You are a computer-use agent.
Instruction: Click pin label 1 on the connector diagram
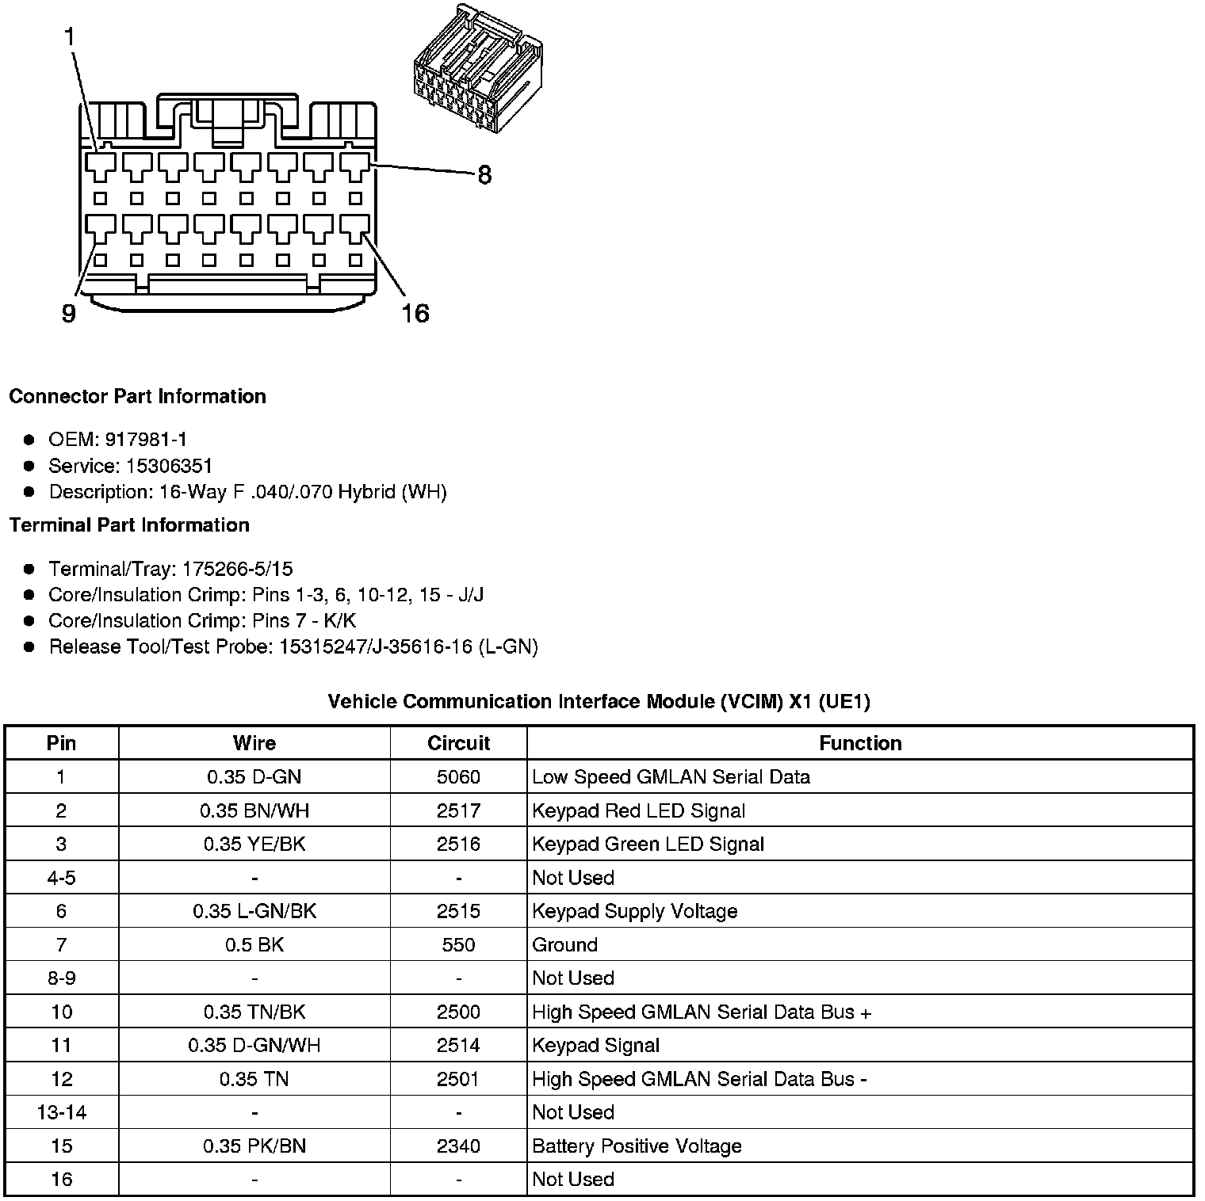(70, 36)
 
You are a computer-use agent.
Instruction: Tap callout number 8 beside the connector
(484, 175)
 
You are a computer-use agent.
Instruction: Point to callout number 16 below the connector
(415, 314)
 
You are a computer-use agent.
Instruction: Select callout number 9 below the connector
(69, 314)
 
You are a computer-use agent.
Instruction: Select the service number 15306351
(170, 466)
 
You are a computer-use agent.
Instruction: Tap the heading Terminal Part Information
(129, 525)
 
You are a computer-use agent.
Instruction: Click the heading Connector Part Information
(137, 396)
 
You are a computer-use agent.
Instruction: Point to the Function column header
(860, 743)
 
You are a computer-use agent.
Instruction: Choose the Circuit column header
(458, 743)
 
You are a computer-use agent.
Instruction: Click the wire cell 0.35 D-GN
(254, 777)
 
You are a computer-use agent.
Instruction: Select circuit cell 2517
(458, 810)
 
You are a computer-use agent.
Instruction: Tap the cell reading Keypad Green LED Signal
(648, 845)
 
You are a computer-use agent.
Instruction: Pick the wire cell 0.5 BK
(254, 945)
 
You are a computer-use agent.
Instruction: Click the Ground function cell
(564, 945)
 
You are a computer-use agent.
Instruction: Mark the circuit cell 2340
(458, 1146)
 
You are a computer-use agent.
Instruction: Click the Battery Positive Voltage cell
(637, 1146)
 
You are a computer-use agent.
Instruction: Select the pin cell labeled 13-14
(62, 1112)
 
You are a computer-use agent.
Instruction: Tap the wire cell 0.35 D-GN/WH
(254, 1046)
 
